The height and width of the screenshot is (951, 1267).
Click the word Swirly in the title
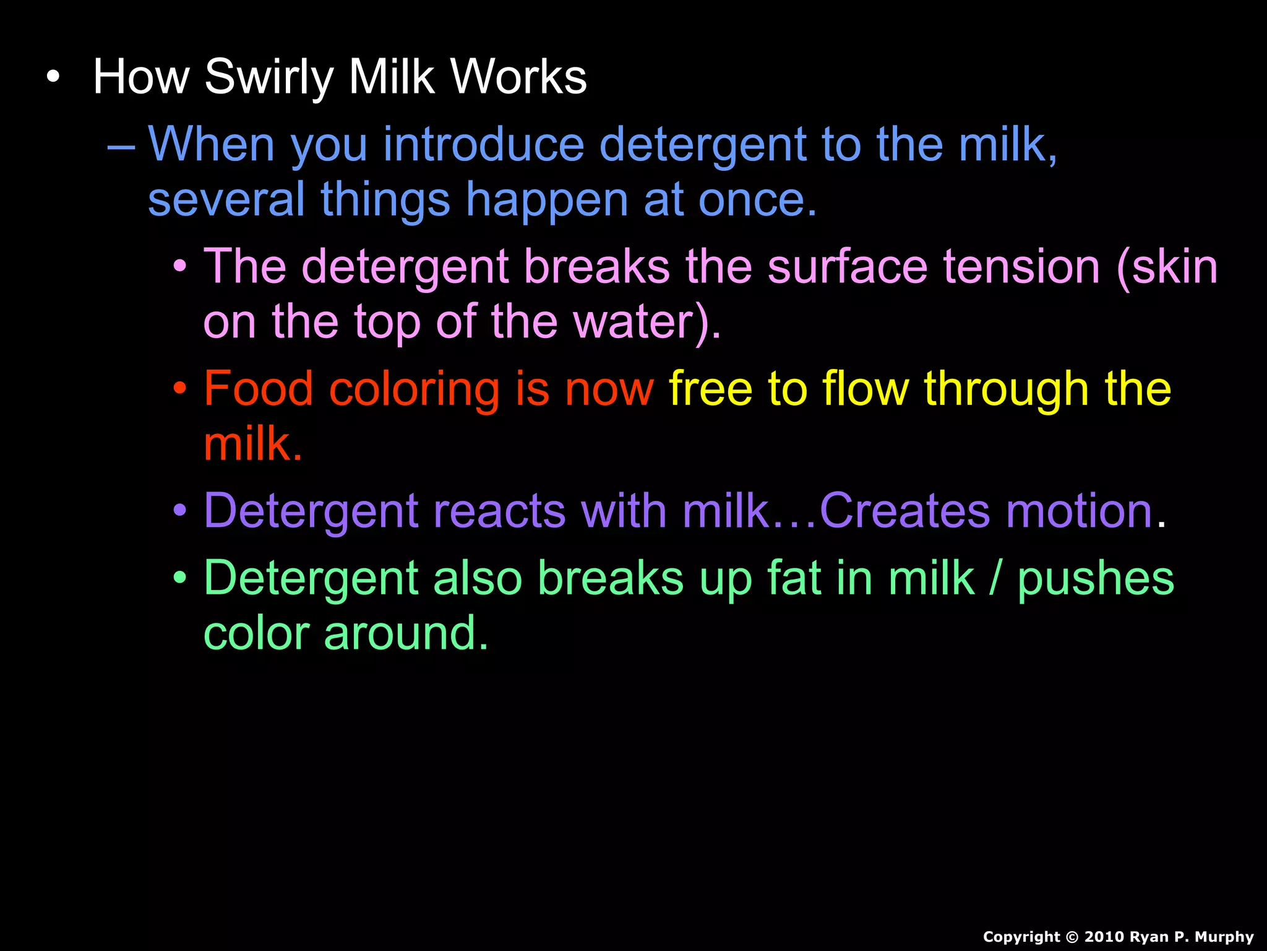coord(270,77)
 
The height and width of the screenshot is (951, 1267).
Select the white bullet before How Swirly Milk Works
coord(54,77)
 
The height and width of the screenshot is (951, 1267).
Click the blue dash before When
coord(121,147)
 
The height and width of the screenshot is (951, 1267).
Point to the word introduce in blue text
coord(483,145)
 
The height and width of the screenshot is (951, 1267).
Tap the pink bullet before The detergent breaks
coord(180,267)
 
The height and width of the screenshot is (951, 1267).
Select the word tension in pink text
coord(1021,267)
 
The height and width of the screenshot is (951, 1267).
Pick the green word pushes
coord(1096,580)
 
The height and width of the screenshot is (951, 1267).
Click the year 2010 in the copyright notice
coord(1105,937)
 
